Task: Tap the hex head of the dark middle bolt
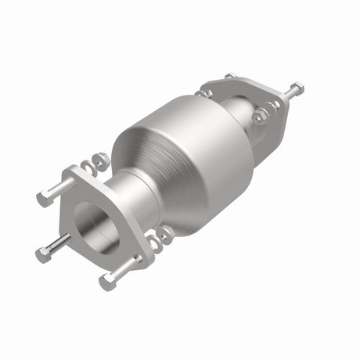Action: [x=41, y=254]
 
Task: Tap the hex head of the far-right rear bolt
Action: [x=298, y=88]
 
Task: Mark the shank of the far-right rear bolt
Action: [x=286, y=95]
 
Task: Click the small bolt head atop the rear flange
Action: [x=229, y=77]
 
